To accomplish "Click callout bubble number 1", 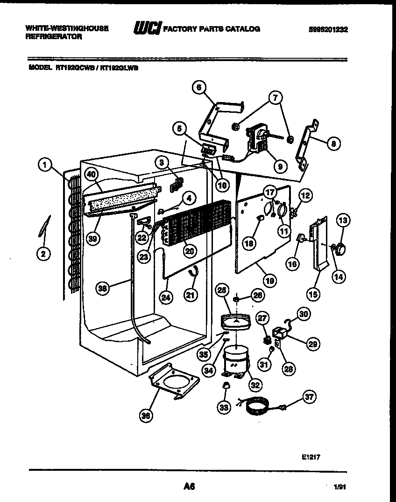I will (44, 164).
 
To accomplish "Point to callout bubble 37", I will (309, 397).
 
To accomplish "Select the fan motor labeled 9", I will (256, 138).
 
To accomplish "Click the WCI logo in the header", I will (147, 29).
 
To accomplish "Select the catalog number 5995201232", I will (328, 29).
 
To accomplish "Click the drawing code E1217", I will (311, 457).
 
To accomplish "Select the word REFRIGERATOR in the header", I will (54, 36).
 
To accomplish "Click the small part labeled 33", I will (226, 385).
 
